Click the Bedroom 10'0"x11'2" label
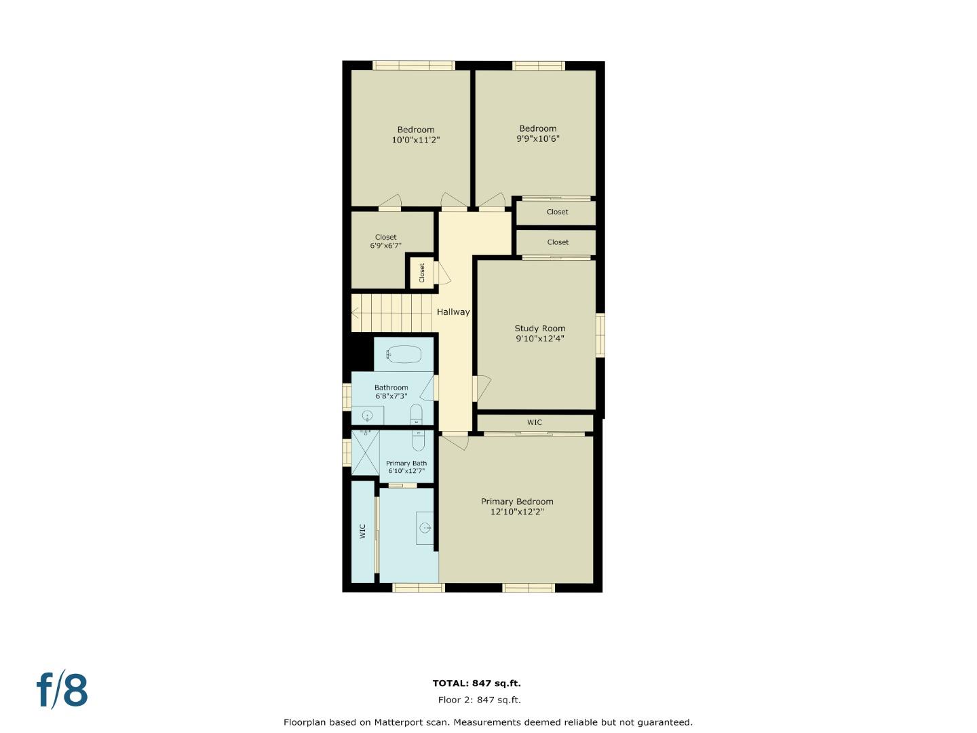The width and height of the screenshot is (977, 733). (x=416, y=135)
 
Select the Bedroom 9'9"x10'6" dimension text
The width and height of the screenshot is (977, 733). (x=538, y=138)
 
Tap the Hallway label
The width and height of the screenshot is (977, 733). (x=453, y=312)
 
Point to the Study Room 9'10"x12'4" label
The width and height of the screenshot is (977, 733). (x=539, y=333)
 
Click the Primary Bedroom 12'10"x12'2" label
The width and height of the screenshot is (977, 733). (x=517, y=507)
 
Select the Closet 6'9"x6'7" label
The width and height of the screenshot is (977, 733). (x=385, y=242)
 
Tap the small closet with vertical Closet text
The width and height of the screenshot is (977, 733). (x=421, y=273)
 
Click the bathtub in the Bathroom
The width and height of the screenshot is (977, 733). (x=404, y=354)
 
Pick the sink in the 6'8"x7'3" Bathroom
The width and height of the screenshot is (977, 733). (x=368, y=415)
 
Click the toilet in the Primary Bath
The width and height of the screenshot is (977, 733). (x=419, y=442)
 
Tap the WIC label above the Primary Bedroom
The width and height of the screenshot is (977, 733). (x=535, y=422)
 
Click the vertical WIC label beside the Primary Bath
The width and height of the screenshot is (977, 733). (x=362, y=531)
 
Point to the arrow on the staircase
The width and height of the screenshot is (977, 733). (x=356, y=313)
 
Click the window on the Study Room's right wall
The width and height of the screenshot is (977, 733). (x=600, y=335)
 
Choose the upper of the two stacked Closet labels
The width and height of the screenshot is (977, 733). (x=557, y=212)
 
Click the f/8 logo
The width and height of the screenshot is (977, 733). (x=62, y=690)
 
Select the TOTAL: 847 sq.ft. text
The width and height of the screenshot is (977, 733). (x=477, y=683)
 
